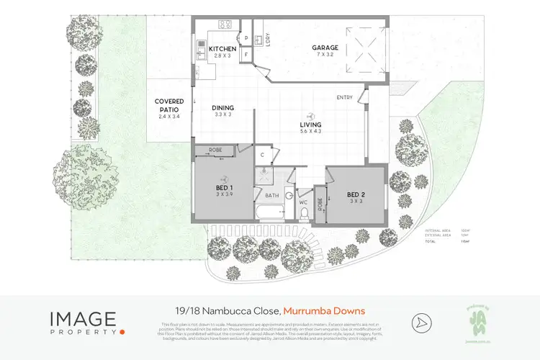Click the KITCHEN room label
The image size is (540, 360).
click(222, 49)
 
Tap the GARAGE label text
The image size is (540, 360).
click(325, 49)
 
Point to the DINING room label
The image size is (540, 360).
click(222, 108)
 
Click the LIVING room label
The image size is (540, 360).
click(310, 125)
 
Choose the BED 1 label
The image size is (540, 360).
click(222, 189)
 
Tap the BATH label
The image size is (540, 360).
click(271, 195)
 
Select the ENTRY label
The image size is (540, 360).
click(344, 97)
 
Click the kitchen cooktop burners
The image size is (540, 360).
click(225, 25)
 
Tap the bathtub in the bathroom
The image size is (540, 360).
click(271, 213)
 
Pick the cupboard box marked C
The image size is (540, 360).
click(263, 154)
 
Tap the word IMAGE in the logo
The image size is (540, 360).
click(83, 318)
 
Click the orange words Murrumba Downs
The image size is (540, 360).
click(324, 311)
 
